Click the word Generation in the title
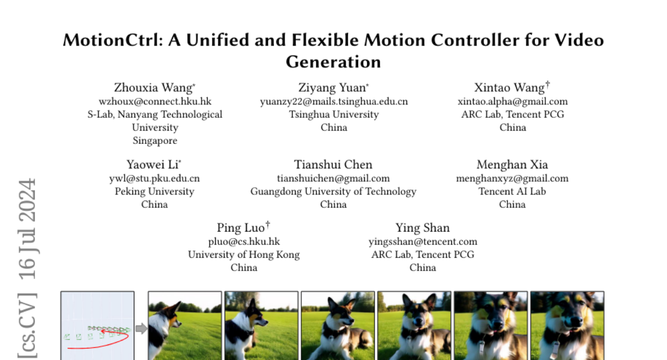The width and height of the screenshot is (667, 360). click(333, 62)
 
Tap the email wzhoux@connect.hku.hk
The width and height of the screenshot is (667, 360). click(155, 102)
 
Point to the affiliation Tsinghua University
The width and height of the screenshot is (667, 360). click(334, 114)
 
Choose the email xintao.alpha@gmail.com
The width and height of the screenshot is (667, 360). click(512, 102)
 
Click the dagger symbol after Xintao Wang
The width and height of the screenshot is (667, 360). click(547, 84)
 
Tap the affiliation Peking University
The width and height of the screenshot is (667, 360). click(155, 191)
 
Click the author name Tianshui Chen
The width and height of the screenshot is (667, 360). click(333, 164)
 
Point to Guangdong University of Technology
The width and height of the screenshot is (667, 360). click(333, 191)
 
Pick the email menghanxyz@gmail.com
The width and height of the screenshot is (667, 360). click(512, 178)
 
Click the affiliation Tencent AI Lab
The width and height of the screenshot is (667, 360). click(512, 191)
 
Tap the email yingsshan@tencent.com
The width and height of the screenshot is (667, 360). click(423, 242)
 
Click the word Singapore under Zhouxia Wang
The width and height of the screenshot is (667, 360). click(155, 141)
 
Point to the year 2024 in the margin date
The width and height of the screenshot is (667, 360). click(27, 196)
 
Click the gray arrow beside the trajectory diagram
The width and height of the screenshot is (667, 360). click(141, 328)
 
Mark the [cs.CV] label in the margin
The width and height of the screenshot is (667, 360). click(27, 325)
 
